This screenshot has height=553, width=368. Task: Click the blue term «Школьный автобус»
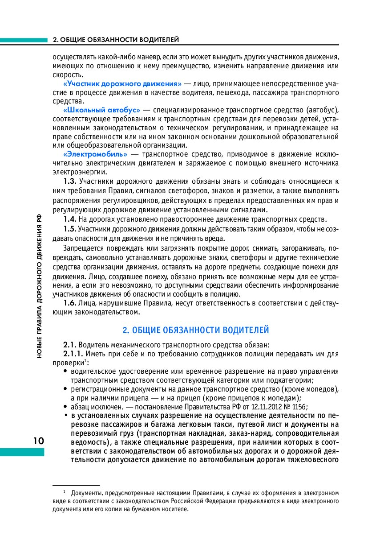(102, 110)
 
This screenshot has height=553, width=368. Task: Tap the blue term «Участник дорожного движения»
(122, 83)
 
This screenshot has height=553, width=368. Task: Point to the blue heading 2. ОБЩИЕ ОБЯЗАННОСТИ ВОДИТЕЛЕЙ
(196, 330)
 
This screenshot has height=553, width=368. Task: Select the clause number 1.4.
(70, 219)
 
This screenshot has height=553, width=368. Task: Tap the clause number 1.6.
(70, 303)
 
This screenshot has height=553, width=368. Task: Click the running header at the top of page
(116, 40)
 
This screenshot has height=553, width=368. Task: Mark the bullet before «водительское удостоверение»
(66, 371)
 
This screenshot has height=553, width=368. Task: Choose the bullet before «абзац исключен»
(66, 407)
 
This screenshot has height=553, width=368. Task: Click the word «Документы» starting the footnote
(85, 493)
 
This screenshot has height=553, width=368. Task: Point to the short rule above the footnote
(76, 484)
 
